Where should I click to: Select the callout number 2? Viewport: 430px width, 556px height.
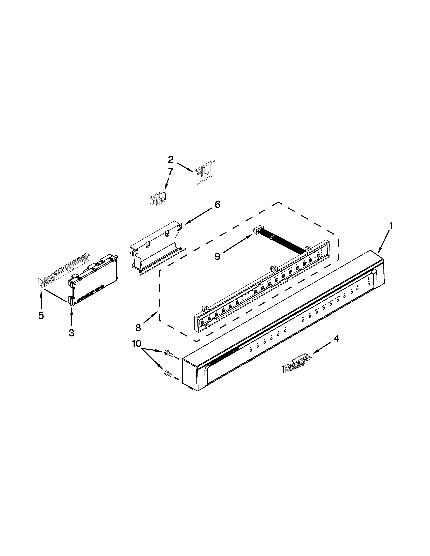pyautogui.click(x=170, y=160)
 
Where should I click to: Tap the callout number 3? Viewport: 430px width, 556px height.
pyautogui.click(x=71, y=332)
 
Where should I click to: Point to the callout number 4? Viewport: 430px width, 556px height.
pyautogui.click(x=336, y=339)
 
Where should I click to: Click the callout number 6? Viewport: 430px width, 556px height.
pyautogui.click(x=217, y=204)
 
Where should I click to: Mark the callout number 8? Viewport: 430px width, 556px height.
pyautogui.click(x=138, y=328)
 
